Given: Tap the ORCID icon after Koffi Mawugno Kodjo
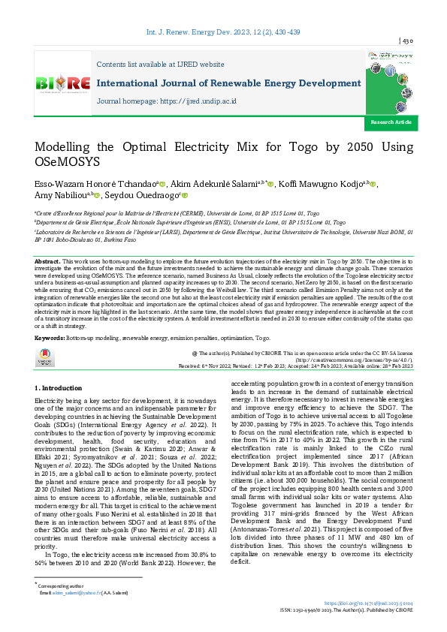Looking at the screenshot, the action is tap(374, 184).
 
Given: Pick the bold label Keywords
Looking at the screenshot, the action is tap(50, 339).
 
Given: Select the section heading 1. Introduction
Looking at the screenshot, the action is tap(59, 387).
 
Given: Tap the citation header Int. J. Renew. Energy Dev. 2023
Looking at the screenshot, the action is tap(223, 22).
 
